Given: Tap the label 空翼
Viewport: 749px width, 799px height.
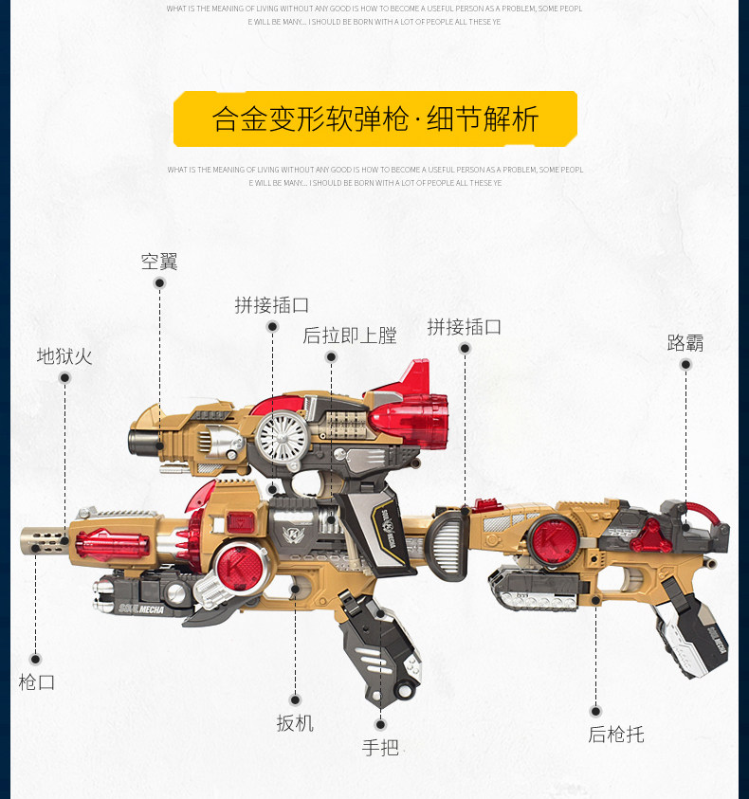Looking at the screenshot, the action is tap(159, 262).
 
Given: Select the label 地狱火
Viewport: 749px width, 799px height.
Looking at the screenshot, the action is tap(64, 356).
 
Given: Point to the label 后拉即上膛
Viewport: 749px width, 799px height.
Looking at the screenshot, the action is tap(349, 336).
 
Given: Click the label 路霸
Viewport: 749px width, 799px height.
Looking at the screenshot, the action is tap(685, 342).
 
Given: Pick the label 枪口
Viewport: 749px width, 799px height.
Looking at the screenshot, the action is tap(36, 681).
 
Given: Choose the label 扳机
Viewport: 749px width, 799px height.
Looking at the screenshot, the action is tap(295, 723).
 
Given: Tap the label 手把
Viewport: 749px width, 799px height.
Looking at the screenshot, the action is tap(380, 747).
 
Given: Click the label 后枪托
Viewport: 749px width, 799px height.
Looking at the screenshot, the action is tap(615, 735).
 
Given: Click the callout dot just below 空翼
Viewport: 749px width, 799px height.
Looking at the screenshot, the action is tap(159, 282).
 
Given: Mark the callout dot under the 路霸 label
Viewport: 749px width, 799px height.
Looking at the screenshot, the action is tap(685, 364).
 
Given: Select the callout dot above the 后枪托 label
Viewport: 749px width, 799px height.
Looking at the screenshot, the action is tap(595, 711).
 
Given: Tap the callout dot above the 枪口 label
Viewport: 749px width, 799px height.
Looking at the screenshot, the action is tap(35, 659).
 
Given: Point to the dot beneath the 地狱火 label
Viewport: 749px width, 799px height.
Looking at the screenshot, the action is tap(64, 377).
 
